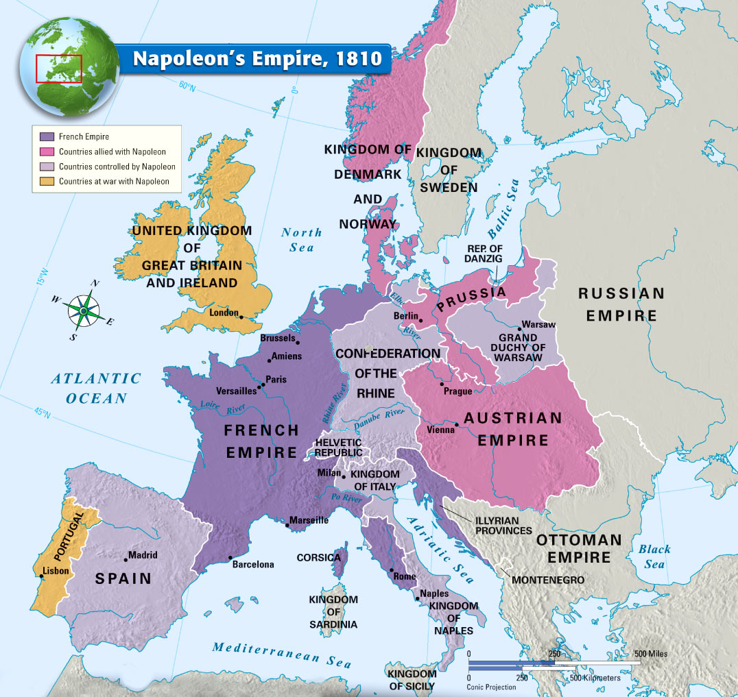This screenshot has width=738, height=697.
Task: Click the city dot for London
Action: tap(241, 316)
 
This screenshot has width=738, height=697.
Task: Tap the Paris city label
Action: tap(276, 380)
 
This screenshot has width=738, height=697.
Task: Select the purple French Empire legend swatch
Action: tap(47, 137)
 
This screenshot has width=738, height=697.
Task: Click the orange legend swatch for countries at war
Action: tap(47, 182)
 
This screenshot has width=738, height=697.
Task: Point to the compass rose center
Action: tap(83, 310)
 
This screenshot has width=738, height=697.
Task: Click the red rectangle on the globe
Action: tap(59, 69)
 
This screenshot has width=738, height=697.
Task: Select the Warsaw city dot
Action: tap(519, 329)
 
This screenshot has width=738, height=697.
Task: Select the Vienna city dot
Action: tap(456, 425)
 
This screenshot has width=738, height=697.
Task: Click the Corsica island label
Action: tap(318, 558)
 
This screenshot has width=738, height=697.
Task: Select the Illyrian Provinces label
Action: tap(503, 526)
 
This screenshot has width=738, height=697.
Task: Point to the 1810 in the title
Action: tap(359, 58)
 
